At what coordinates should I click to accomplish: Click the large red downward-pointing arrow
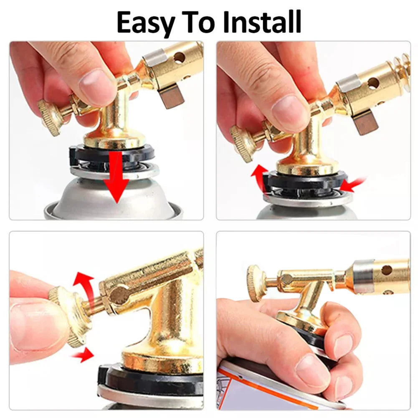pyautogui.click(x=116, y=177)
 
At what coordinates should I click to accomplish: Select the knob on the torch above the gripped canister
pyautogui.click(x=256, y=282)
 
